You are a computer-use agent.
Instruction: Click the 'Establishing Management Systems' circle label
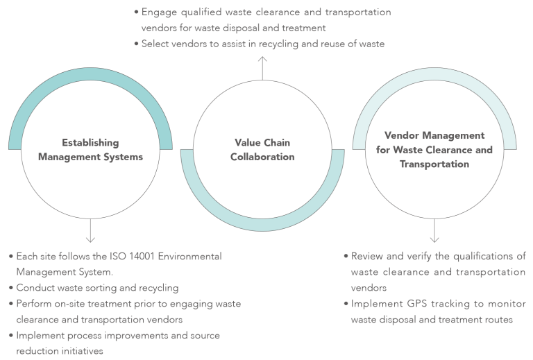coord(90,150)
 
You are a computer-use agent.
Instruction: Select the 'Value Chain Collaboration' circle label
coord(262,150)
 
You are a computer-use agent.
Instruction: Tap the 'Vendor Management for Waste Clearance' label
coord(434,142)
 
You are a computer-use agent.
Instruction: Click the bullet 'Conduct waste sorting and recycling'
coord(97,288)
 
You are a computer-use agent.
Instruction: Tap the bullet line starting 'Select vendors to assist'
coord(262,44)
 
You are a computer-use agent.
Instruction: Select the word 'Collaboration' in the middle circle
coord(262,157)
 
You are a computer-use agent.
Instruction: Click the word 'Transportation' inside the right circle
coord(434,164)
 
